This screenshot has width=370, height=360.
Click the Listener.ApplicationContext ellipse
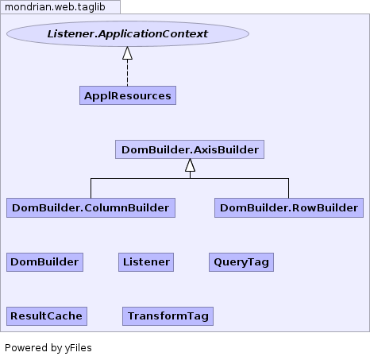coord(128,34)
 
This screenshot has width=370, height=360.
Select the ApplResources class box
coord(128,95)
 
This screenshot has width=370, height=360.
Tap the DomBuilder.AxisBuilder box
coord(190,149)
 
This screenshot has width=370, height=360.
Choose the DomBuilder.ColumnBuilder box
coord(91,207)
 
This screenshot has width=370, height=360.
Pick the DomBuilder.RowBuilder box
coord(289,207)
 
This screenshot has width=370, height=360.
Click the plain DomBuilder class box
coord(44,262)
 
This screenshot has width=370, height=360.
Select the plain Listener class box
coord(146,262)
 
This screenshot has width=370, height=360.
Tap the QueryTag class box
coord(241,262)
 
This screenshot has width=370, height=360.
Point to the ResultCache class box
coord(47,316)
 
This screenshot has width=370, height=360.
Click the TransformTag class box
coord(168,316)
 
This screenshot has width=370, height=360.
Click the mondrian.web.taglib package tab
coord(60,7)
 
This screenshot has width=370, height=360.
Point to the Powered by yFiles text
coord(48,348)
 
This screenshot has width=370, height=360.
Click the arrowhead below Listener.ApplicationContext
coord(128,53)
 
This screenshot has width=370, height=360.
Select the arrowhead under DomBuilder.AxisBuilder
coord(190,165)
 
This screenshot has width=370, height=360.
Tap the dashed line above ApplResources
coord(128,73)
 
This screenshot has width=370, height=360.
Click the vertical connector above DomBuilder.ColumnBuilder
coord(91,188)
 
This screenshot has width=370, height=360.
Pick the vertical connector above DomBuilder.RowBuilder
coord(288,188)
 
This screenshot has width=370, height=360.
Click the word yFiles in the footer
coord(79,348)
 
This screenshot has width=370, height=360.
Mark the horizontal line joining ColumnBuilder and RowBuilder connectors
coord(190,179)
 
